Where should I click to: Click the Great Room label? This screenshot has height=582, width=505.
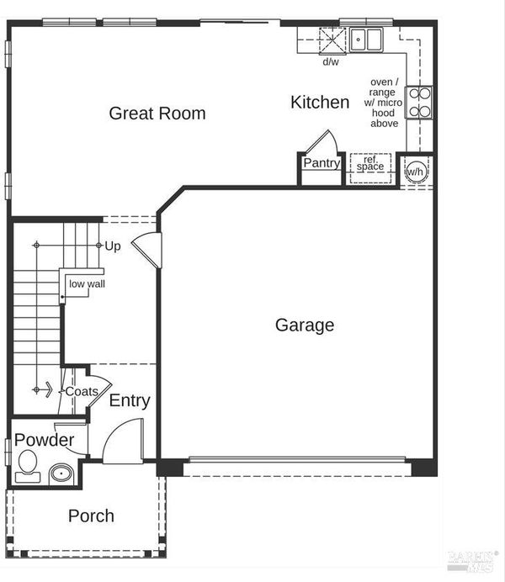pyautogui.click(x=157, y=114)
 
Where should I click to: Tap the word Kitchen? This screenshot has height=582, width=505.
pyautogui.click(x=320, y=102)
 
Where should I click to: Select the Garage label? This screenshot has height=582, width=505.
pyautogui.click(x=305, y=325)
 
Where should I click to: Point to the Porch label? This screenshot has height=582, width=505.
pyautogui.click(x=91, y=516)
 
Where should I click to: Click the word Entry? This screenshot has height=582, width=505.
pyautogui.click(x=130, y=401)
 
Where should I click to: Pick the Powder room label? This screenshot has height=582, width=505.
pyautogui.click(x=44, y=440)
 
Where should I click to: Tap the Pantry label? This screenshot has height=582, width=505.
pyautogui.click(x=322, y=162)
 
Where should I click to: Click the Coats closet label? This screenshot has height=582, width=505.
pyautogui.click(x=82, y=391)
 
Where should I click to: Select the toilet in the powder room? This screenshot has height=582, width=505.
pyautogui.click(x=28, y=466)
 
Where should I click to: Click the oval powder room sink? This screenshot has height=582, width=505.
pyautogui.click(x=61, y=474)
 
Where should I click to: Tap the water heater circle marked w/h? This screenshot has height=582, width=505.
pyautogui.click(x=416, y=172)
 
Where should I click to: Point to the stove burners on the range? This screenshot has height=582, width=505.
pyautogui.click(x=420, y=103)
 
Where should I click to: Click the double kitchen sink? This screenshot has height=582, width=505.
pyautogui.click(x=366, y=40)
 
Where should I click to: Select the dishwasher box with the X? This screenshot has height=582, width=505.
pyautogui.click(x=332, y=40)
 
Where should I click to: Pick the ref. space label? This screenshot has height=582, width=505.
pyautogui.click(x=370, y=163)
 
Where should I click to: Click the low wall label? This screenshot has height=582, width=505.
pyautogui.click(x=87, y=284)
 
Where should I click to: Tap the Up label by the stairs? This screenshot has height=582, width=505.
pyautogui.click(x=113, y=246)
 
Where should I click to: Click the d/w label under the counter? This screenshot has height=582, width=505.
pyautogui.click(x=331, y=61)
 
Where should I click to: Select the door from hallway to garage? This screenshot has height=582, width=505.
pyautogui.click(x=147, y=250)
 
